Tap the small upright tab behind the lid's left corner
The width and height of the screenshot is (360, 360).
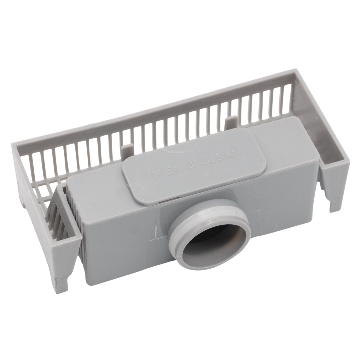click(128, 152)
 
